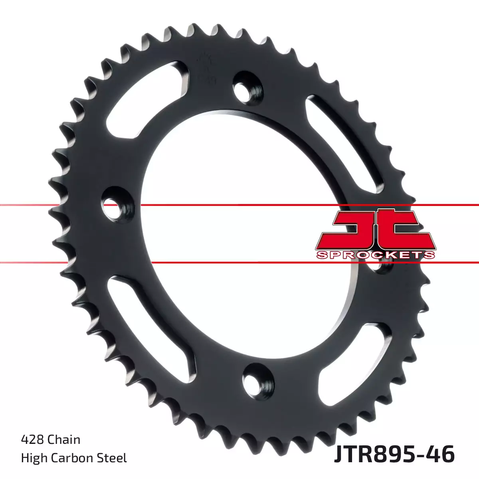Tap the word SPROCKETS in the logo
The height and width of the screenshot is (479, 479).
coord(375,255)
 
